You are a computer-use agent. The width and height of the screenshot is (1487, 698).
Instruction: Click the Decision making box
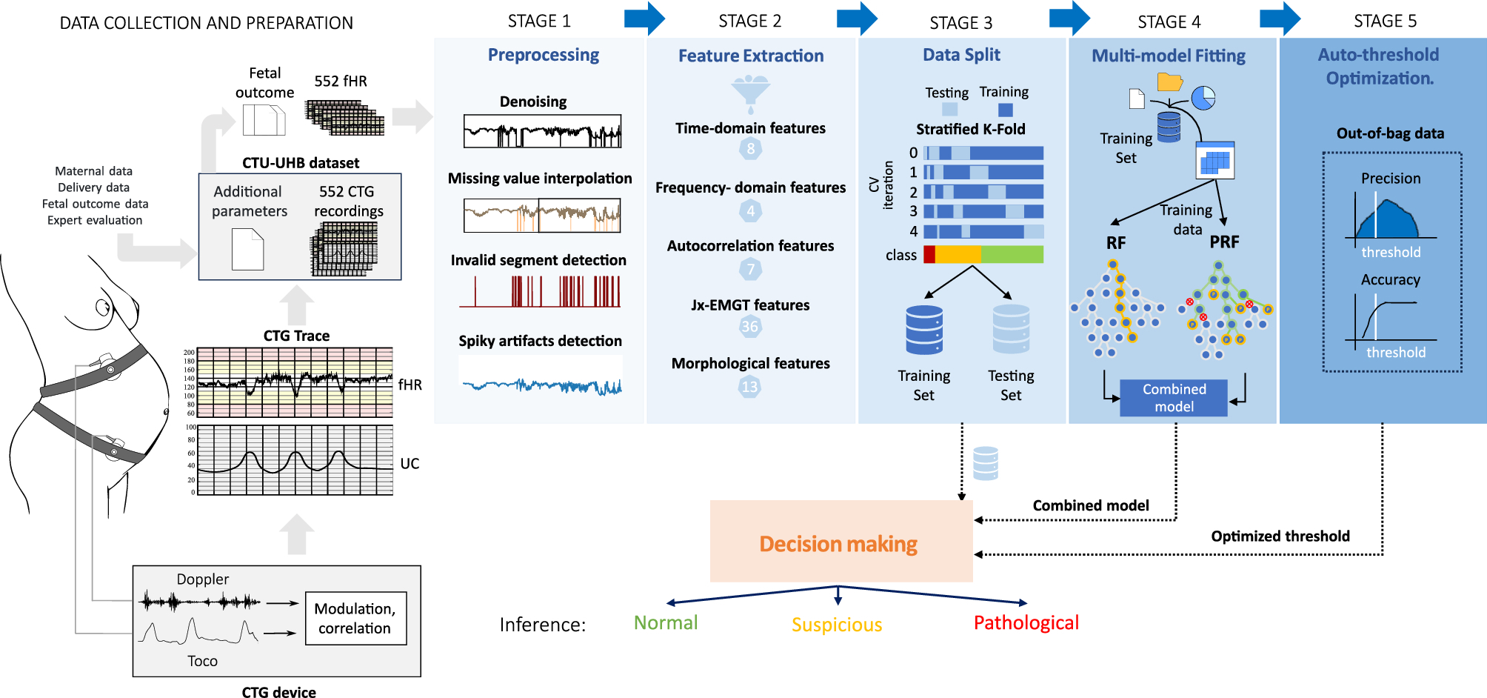tap(841, 541)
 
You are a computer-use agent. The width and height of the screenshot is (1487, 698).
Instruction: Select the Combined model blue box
tap(1173, 398)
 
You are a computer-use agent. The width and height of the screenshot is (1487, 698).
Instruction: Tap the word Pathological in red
tap(1026, 623)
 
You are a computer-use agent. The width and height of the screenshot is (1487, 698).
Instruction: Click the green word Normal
tap(665, 623)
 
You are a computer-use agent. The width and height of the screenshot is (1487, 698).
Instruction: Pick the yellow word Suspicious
tap(836, 625)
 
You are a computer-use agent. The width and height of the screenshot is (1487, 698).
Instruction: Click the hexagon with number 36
tap(750, 327)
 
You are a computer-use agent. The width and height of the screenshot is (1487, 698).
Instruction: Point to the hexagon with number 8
tap(750, 149)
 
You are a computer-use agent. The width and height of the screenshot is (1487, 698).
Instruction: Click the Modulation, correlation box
tap(355, 619)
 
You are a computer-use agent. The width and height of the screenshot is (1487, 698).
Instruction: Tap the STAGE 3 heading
tap(960, 23)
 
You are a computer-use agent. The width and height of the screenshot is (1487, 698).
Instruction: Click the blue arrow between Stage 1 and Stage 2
tap(644, 19)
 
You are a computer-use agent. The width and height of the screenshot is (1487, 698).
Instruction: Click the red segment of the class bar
tap(929, 255)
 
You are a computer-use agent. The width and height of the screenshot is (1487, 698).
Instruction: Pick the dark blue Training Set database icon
tap(924, 330)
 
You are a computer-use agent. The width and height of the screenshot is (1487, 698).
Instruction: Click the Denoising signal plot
tap(542, 132)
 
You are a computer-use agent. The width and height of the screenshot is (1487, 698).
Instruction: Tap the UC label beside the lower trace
tap(410, 464)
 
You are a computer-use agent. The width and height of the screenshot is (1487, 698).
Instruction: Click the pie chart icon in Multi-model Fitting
tap(1203, 98)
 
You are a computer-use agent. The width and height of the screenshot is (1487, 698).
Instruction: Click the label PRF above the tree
tap(1223, 242)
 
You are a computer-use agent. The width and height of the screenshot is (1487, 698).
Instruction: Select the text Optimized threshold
tap(1280, 536)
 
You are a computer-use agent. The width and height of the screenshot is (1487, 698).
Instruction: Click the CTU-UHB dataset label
tap(301, 163)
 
